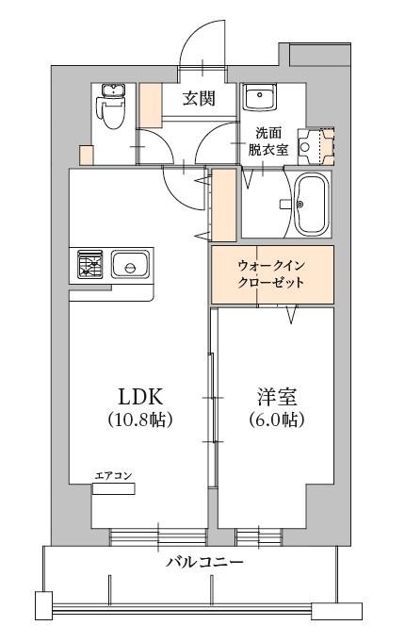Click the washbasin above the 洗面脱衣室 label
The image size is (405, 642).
click(257, 98)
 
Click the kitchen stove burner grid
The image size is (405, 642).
click(90, 265)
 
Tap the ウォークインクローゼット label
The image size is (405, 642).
click(271, 274)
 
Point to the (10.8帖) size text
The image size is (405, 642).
click(138, 420)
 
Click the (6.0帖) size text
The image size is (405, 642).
click(276, 420)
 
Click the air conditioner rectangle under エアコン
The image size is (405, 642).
click(114, 488)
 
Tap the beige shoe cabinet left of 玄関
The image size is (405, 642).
click(151, 105)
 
